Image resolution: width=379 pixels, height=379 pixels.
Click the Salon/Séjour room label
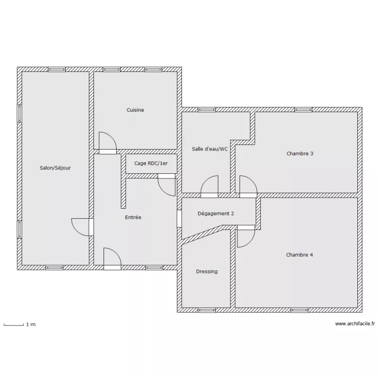55,168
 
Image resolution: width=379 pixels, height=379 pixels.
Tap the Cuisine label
135,110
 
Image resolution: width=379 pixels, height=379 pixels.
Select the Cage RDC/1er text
151,163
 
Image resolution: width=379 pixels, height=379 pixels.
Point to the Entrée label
133,217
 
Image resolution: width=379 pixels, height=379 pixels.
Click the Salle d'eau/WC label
210,149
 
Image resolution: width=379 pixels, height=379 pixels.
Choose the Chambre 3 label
300,153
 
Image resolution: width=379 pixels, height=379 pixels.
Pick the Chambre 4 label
299,255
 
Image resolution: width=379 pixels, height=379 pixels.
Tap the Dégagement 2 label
216,213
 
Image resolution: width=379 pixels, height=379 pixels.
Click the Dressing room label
207,271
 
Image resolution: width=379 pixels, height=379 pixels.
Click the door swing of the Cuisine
107,142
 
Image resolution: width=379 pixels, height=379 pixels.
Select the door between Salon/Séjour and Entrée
82,226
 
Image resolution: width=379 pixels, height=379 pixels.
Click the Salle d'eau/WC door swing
210,186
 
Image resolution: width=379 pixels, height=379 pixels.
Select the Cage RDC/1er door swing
167,185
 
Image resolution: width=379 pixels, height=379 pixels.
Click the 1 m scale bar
14,324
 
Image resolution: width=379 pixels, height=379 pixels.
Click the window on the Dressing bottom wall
206,310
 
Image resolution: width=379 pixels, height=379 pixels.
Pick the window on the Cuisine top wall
111,69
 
